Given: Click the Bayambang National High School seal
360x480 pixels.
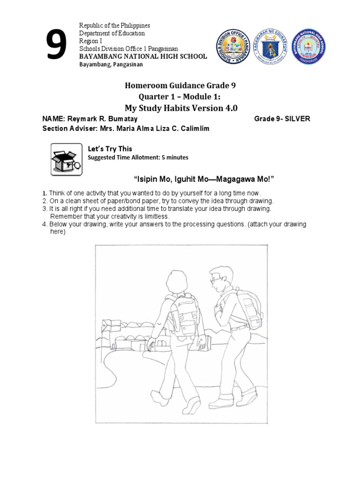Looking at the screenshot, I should coord(308,46).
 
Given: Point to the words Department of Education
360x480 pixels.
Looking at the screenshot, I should coord(112,33).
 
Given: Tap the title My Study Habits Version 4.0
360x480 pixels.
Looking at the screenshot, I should coord(180,108).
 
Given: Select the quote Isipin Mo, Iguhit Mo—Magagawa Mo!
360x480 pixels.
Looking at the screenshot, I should coord(203,180).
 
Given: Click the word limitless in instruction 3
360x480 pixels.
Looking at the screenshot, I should coord(154,216).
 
